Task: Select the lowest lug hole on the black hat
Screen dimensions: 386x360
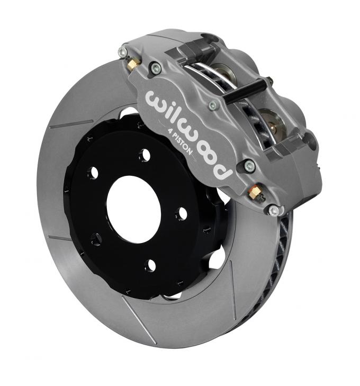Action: point(150,264)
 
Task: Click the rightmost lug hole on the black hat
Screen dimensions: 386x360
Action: point(182,213)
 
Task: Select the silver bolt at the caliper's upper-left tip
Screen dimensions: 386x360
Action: point(123,52)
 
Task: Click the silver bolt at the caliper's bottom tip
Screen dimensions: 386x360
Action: point(273,210)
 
